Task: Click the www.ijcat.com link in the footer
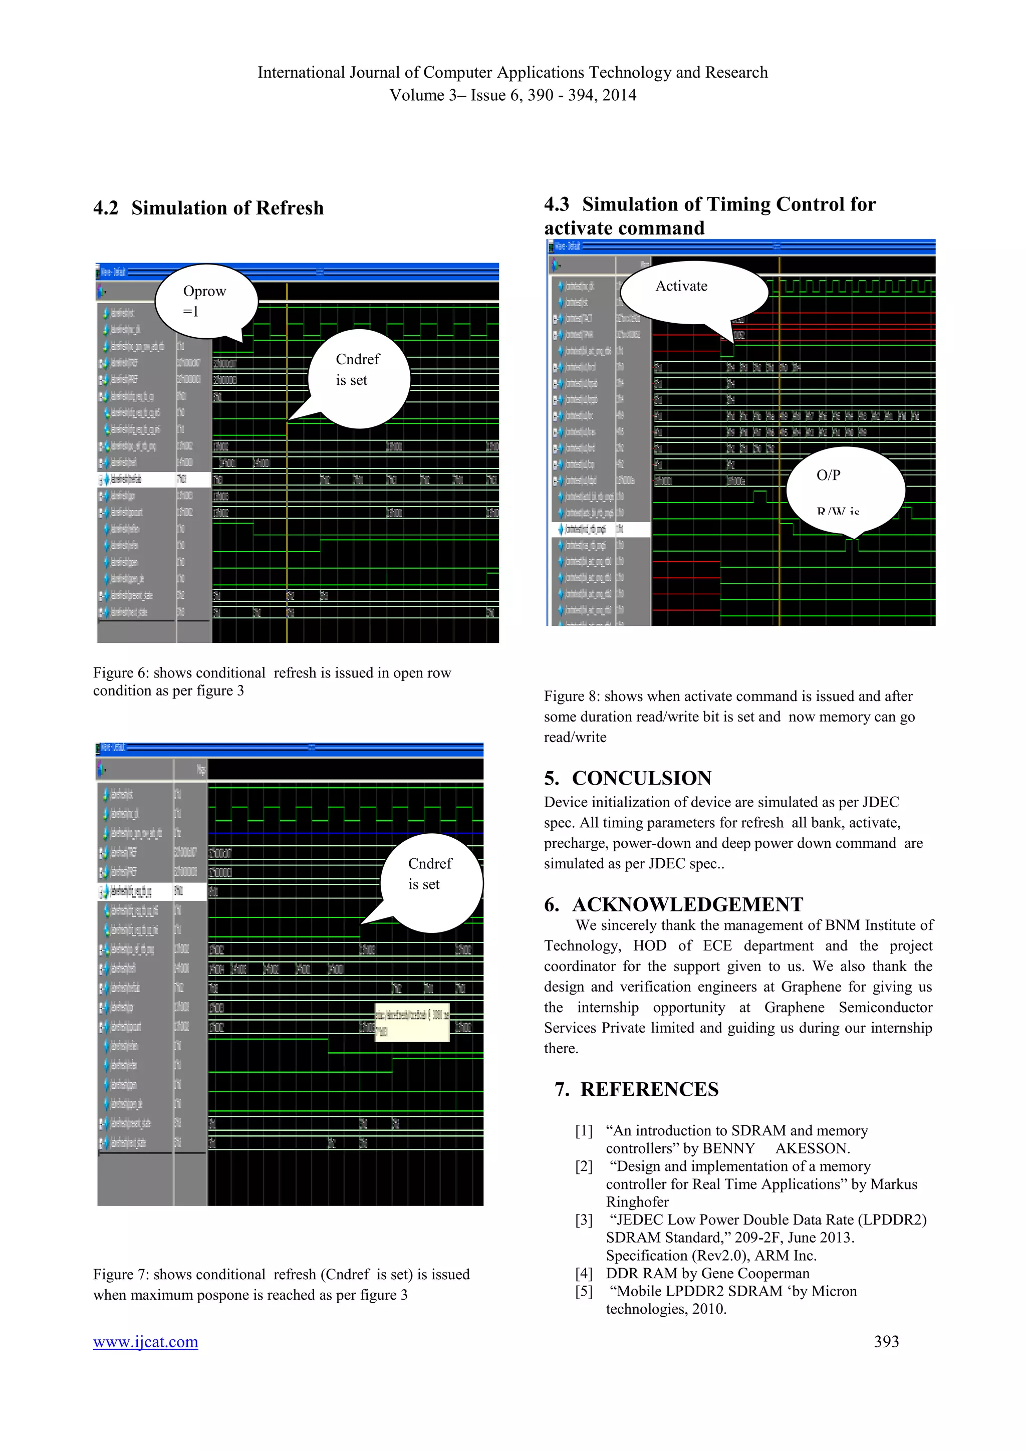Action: pyautogui.click(x=145, y=1342)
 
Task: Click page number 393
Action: pyautogui.click(x=886, y=1342)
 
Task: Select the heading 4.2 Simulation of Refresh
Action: pyautogui.click(x=208, y=208)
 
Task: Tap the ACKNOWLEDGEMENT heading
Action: pyautogui.click(x=687, y=904)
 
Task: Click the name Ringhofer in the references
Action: pyautogui.click(x=637, y=1202)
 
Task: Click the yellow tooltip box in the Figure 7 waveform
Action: pyautogui.click(x=412, y=1022)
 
